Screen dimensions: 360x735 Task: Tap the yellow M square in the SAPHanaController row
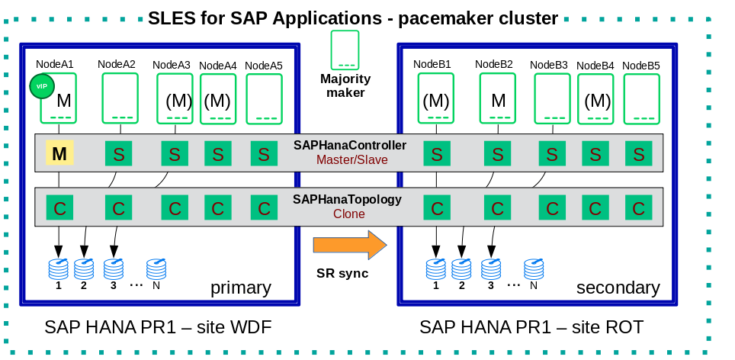click(x=59, y=154)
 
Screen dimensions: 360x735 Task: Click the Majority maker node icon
click(x=345, y=50)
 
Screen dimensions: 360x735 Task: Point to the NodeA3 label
click(x=171, y=65)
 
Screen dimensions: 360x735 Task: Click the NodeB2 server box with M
click(x=498, y=98)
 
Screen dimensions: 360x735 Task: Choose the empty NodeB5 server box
click(x=641, y=98)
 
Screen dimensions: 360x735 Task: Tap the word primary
click(x=241, y=288)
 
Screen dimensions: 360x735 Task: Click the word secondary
click(x=618, y=288)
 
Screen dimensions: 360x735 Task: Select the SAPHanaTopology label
click(x=347, y=200)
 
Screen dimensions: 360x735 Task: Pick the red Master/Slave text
click(x=351, y=159)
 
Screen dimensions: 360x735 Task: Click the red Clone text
click(x=348, y=214)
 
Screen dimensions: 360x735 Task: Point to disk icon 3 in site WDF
click(x=113, y=268)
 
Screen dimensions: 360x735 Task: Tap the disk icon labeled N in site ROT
click(x=534, y=268)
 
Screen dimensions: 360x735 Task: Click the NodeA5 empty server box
click(x=264, y=98)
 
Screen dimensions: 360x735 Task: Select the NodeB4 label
click(x=595, y=66)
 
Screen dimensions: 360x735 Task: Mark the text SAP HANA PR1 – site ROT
click(x=531, y=327)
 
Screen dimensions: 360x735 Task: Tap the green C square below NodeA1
click(x=59, y=207)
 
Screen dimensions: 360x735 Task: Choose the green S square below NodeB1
click(x=436, y=154)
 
